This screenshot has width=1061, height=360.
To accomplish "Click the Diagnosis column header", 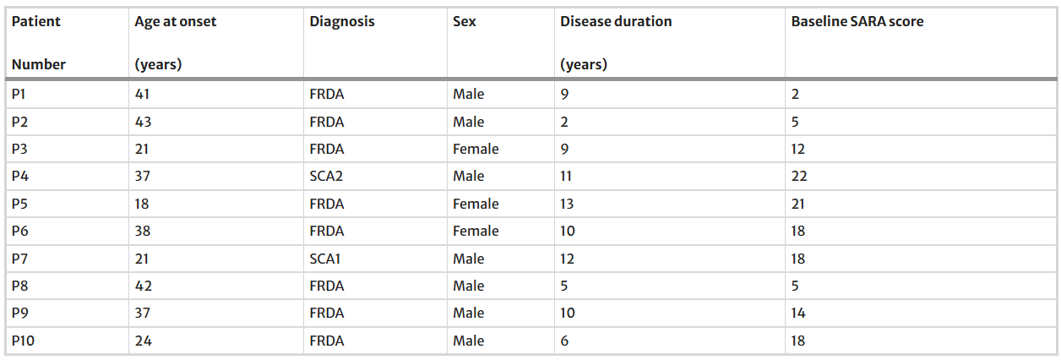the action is point(342,22).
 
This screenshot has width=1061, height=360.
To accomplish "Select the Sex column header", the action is point(465,21).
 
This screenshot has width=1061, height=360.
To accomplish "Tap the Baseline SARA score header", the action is point(857,21).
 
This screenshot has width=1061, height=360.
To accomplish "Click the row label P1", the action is point(19,94).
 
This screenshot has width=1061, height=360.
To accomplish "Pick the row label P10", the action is point(23,341).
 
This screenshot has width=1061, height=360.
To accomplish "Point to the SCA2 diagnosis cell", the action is point(326,177).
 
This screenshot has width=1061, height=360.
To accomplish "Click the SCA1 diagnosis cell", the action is point(325,259).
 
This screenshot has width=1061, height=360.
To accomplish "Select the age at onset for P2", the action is point(143,122).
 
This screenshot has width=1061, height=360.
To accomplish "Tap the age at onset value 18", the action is point(142,204).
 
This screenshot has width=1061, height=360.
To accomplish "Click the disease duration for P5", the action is point(567,204).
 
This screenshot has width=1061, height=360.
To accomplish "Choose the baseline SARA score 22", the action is point(799,177).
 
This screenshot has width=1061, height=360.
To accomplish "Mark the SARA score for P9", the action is point(798,314).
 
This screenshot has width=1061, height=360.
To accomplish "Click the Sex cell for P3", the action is point(476,149).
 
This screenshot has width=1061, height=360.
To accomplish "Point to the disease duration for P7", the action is point(567,259).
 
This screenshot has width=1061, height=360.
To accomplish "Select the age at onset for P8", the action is point(143,286).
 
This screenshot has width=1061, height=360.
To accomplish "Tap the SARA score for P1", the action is point(795,94).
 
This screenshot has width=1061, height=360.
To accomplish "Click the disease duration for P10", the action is point(564,341).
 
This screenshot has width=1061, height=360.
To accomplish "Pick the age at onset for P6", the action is point(143,231).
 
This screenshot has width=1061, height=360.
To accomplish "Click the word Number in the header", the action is point(38,64).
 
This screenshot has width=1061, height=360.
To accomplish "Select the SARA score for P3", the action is point(797,149).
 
